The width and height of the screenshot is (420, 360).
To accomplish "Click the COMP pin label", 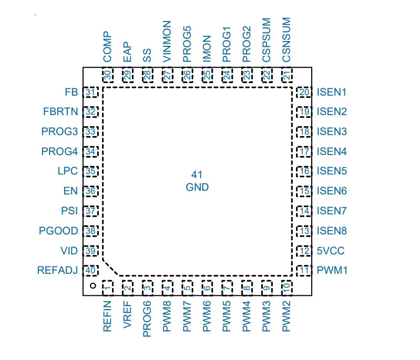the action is tap(107, 47).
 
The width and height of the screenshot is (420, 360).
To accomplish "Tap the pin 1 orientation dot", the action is tap(93, 285).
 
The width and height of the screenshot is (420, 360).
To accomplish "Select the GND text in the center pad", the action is tap(197, 187).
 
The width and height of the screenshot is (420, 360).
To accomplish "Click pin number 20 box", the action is tap(304, 92).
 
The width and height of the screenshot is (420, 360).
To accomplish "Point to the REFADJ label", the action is tap(57, 270).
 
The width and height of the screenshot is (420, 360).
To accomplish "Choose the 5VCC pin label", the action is tap(331, 251).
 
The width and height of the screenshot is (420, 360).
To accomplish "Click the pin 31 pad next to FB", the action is tap(90, 92).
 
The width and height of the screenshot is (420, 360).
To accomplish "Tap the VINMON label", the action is tap(167, 42).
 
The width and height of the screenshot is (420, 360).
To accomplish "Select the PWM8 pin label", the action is tap(167, 316).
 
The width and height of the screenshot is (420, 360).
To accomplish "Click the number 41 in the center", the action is tap(197, 174).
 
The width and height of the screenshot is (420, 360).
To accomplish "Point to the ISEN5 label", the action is tap(332, 171).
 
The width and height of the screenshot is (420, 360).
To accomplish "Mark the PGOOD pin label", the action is tap(58, 231).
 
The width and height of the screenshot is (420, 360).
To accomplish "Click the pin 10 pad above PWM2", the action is tap(287, 288).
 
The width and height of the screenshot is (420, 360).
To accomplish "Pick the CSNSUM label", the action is tap(286, 40).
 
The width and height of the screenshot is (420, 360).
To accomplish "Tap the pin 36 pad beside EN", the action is tap(90, 191).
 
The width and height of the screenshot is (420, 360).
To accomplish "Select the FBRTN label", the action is tap(60, 111).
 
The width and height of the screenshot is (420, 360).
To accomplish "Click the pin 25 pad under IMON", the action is tap(207, 75).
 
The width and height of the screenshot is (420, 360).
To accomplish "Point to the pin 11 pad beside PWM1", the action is tap(304, 270).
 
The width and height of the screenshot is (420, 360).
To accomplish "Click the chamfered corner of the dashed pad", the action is tap(111, 268).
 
